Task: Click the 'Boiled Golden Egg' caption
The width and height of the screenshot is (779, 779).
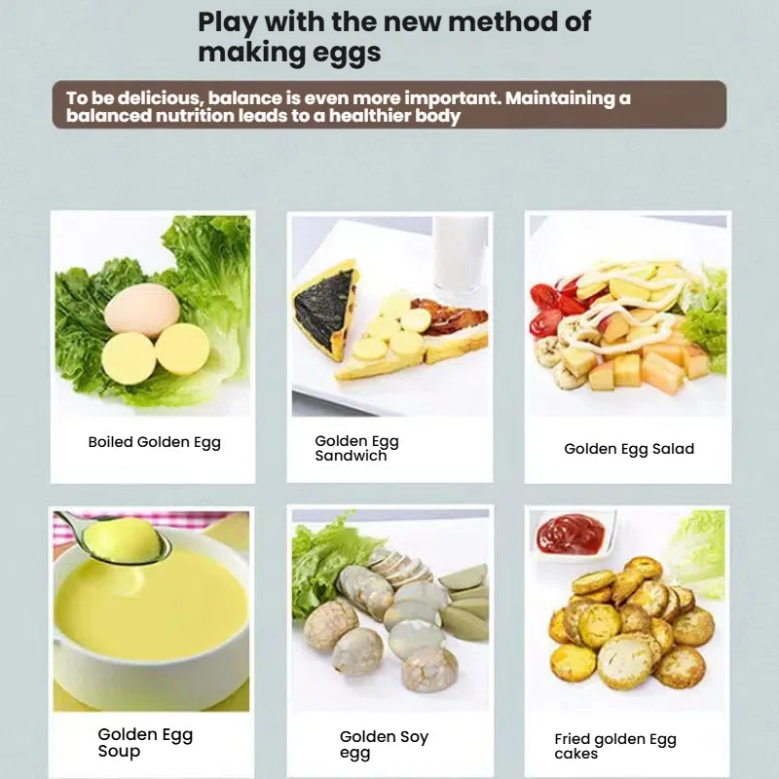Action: pos(155,442)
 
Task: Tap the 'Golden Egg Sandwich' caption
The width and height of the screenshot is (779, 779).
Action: pos(356,448)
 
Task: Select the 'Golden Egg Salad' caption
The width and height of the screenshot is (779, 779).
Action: pos(629,449)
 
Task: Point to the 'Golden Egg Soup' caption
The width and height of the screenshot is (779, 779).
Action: pos(145,742)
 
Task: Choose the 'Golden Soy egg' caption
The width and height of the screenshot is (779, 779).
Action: pos(384,744)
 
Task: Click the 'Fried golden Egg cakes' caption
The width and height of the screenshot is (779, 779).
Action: pos(615,746)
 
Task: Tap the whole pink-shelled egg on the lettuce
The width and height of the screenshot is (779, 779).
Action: pos(142,311)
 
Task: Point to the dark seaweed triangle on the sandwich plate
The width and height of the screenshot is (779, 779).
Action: pos(324,308)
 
